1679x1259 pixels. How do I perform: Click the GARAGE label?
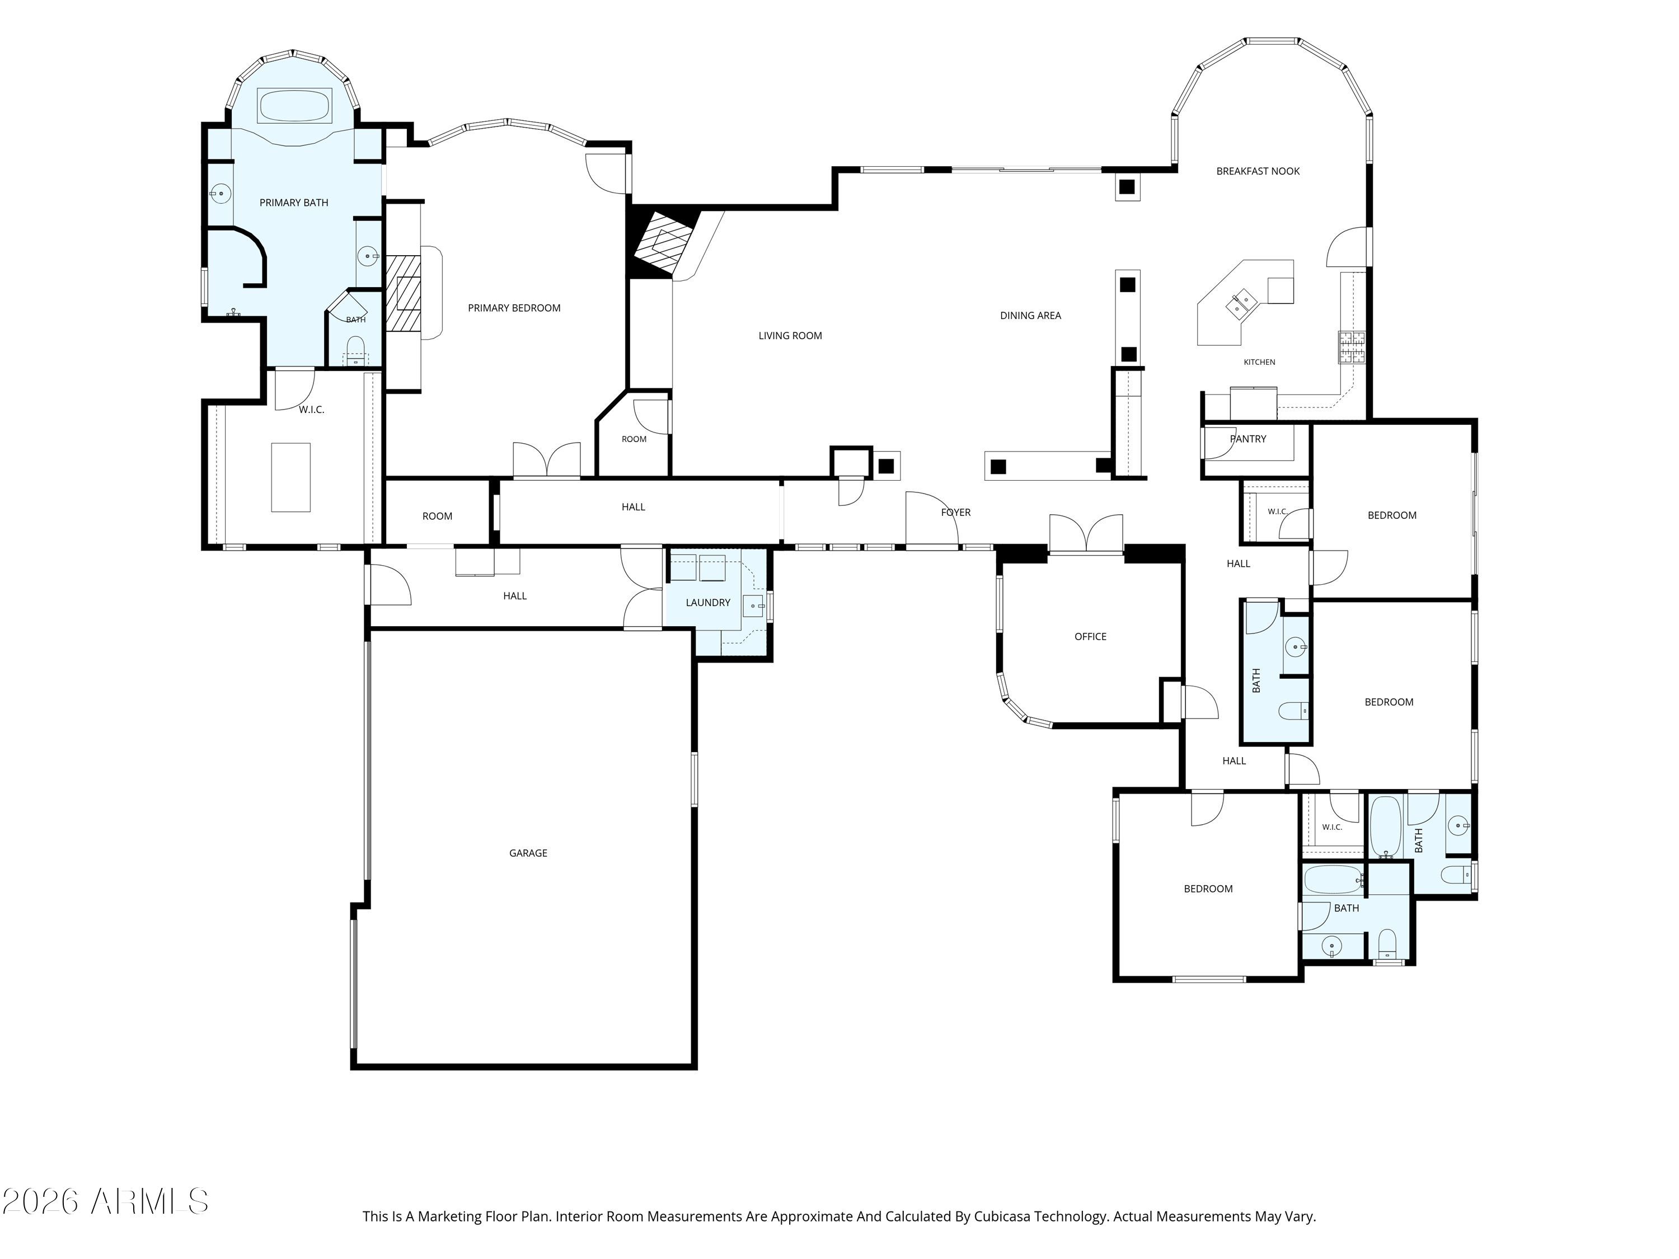click(x=528, y=853)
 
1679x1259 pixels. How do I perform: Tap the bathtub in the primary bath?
click(x=294, y=106)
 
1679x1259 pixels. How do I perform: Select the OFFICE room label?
click(x=1090, y=637)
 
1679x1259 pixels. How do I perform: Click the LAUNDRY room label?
click(x=707, y=603)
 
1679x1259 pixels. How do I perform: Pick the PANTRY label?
click(x=1248, y=439)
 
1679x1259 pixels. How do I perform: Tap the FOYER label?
click(x=956, y=512)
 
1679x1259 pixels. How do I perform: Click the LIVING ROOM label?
click(x=790, y=335)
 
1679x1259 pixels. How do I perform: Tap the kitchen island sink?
click(x=1242, y=303)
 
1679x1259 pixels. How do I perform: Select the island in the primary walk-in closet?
click(x=290, y=477)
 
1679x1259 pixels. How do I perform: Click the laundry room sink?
click(x=753, y=605)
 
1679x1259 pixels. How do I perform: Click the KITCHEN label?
click(x=1259, y=362)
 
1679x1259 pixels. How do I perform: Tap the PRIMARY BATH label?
click(x=294, y=203)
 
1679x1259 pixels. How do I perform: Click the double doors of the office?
click(x=1086, y=533)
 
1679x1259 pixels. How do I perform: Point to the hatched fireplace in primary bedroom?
click(x=402, y=293)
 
